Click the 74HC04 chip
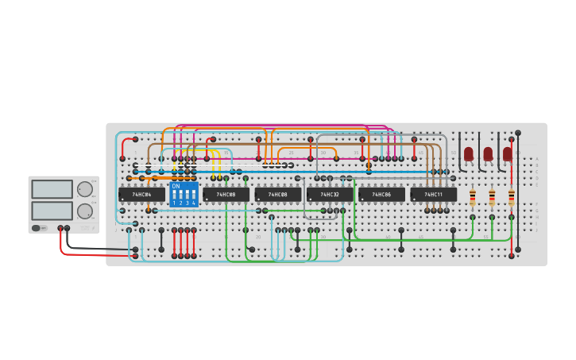(141, 194)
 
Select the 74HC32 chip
(330, 194)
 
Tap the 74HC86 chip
(381, 194)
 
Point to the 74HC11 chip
(433, 194)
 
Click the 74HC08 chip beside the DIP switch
(226, 194)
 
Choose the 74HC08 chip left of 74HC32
(277, 194)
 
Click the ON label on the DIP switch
(176, 186)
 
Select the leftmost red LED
(469, 153)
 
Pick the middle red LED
(488, 153)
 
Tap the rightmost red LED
(508, 153)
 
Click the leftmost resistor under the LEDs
(473, 197)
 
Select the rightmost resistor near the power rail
(511, 197)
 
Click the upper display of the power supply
(52, 189)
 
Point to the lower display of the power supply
(52, 211)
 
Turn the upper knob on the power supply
(83, 189)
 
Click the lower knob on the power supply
(83, 211)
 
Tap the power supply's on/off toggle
(37, 228)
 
